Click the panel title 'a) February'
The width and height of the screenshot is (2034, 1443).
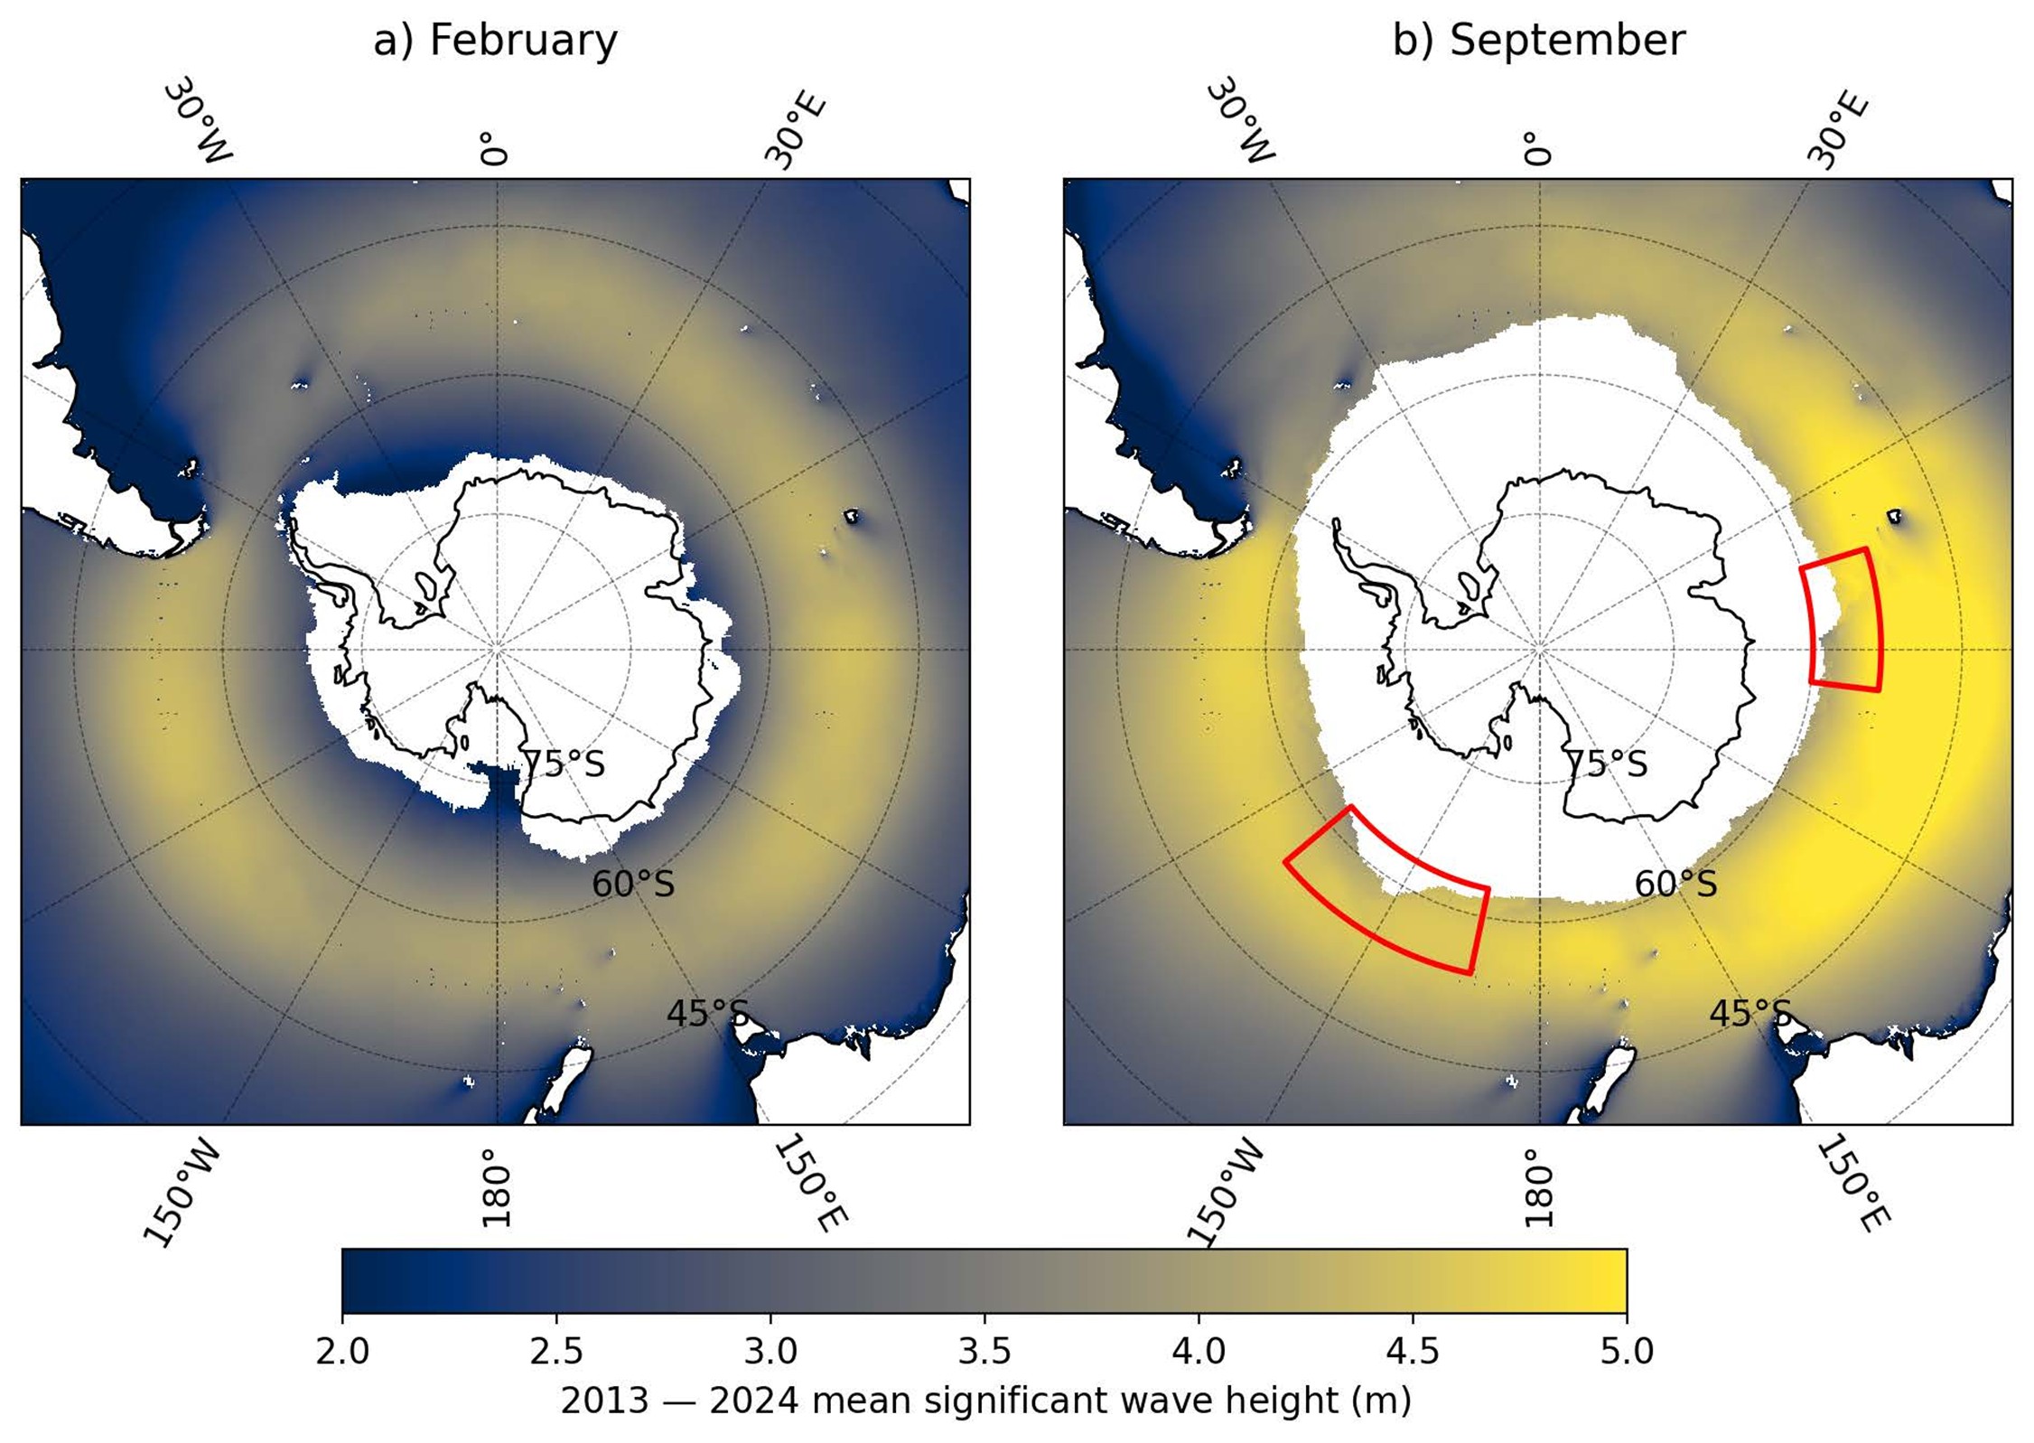(495, 41)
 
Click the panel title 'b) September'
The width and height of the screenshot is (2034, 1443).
(1538, 41)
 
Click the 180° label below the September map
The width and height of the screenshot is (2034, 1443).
(1537, 1187)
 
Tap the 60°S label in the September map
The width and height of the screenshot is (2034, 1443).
(1675, 884)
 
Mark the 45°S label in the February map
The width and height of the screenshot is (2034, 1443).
(707, 1014)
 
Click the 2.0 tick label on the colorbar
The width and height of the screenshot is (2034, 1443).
(342, 1352)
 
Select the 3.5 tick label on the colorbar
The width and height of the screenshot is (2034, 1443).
(984, 1352)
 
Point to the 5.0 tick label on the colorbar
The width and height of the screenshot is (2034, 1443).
(1627, 1352)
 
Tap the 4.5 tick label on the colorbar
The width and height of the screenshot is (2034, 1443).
(1412, 1352)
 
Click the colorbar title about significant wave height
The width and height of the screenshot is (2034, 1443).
(985, 1401)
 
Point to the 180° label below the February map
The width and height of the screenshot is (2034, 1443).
(495, 1187)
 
